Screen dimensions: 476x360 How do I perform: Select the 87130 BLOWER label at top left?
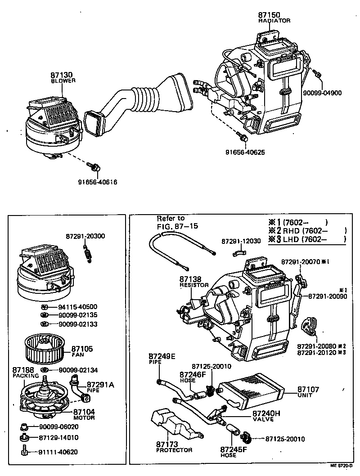tap(63, 77)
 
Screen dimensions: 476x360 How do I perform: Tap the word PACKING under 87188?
tap(23, 375)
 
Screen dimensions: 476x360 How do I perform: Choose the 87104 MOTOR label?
tap(84, 414)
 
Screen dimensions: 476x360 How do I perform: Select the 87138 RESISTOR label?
tap(194, 282)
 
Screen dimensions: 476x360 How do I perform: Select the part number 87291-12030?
tap(241, 241)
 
